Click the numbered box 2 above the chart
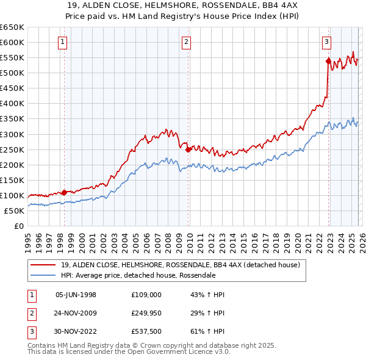[x=186, y=42]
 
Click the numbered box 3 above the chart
[x=326, y=42]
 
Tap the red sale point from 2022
[x=328, y=61]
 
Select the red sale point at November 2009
[x=188, y=149]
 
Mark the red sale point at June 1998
[x=65, y=192]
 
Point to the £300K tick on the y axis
[x=13, y=134]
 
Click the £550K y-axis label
[x=13, y=57]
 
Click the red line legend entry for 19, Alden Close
[x=180, y=265]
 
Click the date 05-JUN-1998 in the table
[x=76, y=295]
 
